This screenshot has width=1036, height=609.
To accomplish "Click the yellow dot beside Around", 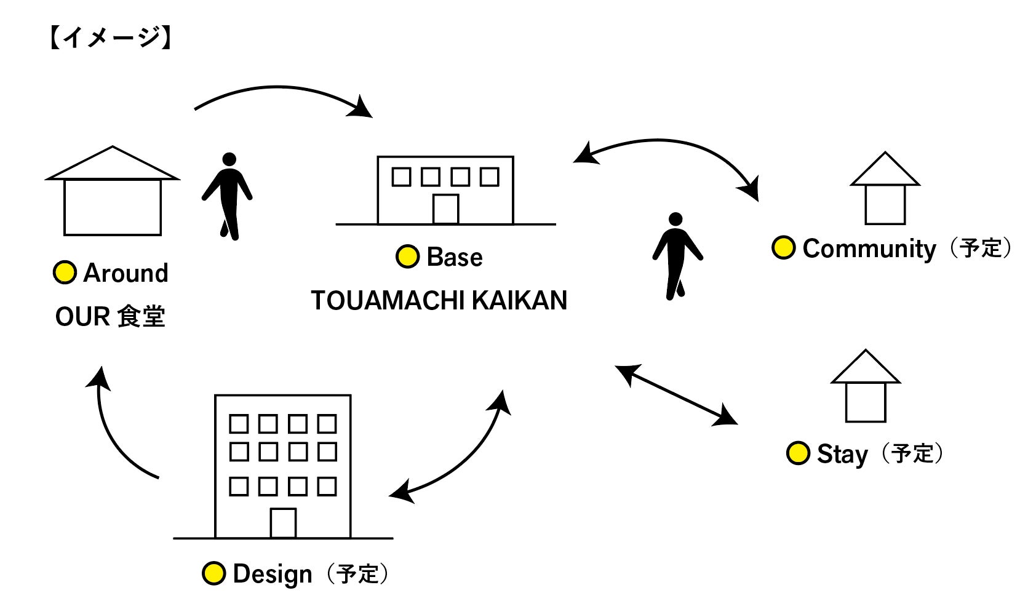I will pyautogui.click(x=65, y=273).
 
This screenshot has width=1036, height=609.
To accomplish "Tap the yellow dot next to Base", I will pyautogui.click(x=407, y=257).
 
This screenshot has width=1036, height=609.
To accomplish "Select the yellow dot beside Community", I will pyautogui.click(x=783, y=248).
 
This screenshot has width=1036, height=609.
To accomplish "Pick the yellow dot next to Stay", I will pyautogui.click(x=798, y=453).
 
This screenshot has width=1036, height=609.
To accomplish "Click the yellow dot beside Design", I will pyautogui.click(x=213, y=573).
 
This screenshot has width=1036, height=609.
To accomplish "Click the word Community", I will pyautogui.click(x=869, y=249).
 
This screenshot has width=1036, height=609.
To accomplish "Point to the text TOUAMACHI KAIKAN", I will pyautogui.click(x=439, y=300).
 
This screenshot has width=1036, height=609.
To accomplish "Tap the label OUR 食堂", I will pyautogui.click(x=110, y=317).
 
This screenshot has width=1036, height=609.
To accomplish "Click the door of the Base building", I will pyautogui.click(x=445, y=209).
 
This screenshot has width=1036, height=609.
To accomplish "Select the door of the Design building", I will pyautogui.click(x=283, y=523).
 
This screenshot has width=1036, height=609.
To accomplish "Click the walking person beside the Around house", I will pyautogui.click(x=228, y=196).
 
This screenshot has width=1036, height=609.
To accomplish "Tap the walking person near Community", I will pyautogui.click(x=677, y=256).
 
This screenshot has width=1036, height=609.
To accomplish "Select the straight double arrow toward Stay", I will pyautogui.click(x=676, y=395).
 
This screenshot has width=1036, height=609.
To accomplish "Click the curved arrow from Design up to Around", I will pyautogui.click(x=114, y=431).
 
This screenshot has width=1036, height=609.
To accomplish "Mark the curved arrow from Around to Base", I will pyautogui.click(x=280, y=92).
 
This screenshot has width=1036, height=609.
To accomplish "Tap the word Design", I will pyautogui.click(x=273, y=574).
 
